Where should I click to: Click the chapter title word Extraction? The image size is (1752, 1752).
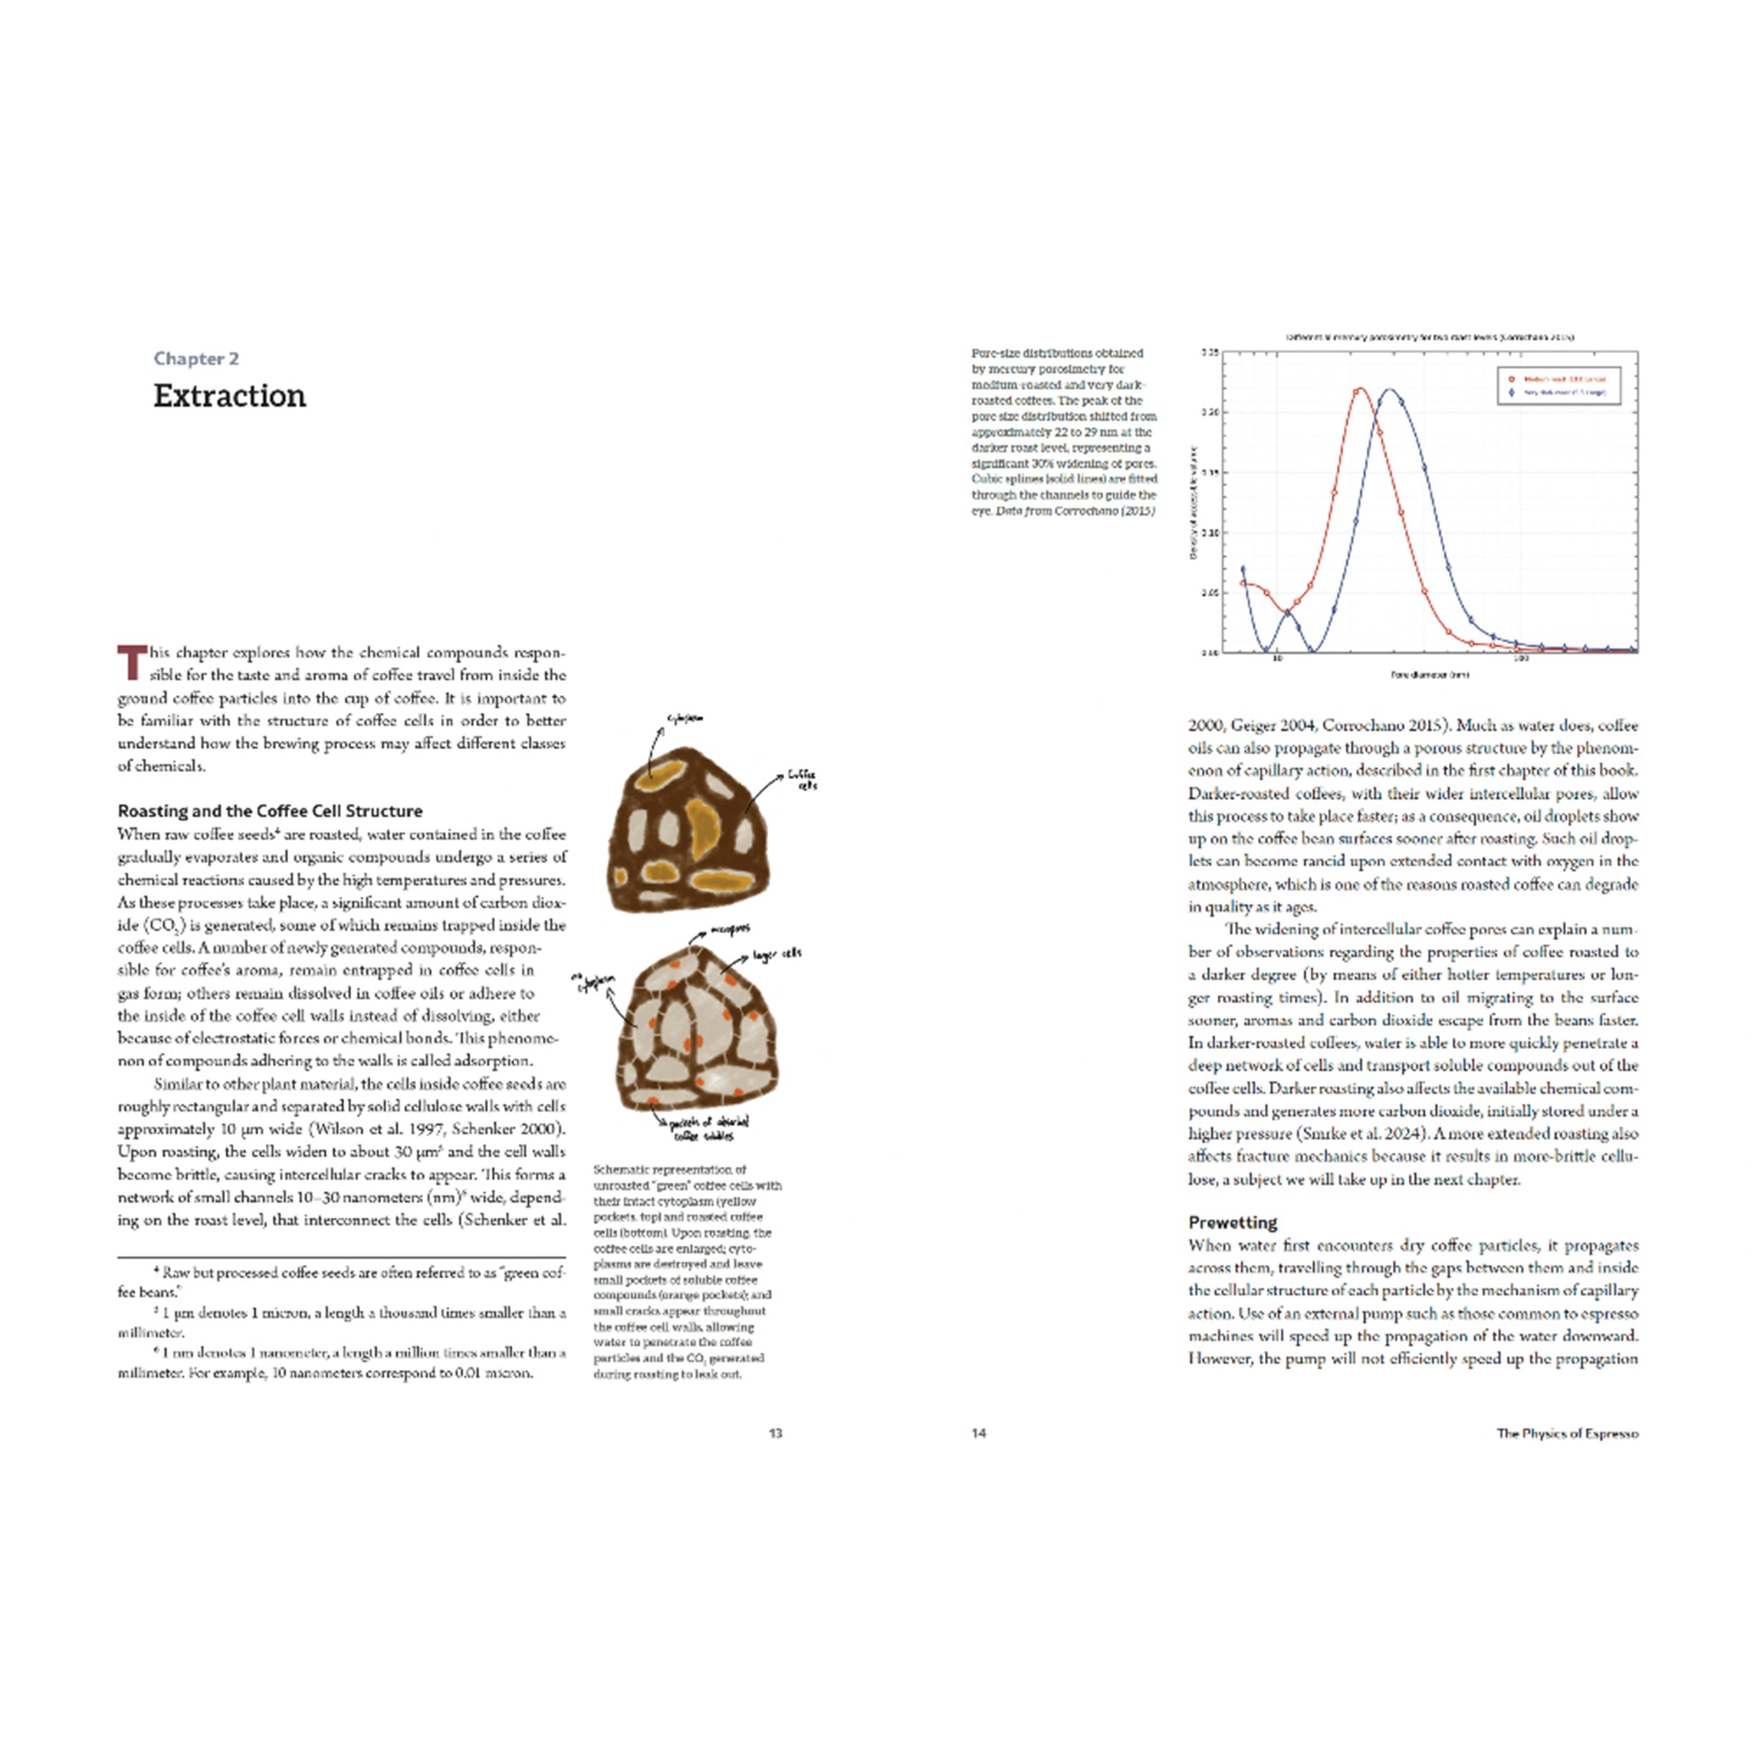pyautogui.click(x=230, y=395)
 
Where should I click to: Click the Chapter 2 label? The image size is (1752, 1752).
pyautogui.click(x=196, y=358)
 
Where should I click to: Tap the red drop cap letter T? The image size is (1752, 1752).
pyautogui.click(x=131, y=662)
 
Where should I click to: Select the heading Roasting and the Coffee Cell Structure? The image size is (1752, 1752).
pyautogui.click(x=270, y=810)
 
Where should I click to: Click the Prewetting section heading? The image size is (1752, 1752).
pyautogui.click(x=1233, y=1222)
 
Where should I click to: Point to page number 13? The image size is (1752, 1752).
pyautogui.click(x=775, y=1432)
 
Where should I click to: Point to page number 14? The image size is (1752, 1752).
pyautogui.click(x=979, y=1432)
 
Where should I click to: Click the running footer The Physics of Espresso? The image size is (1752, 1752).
pyautogui.click(x=1567, y=1432)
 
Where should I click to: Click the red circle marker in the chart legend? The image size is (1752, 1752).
pyautogui.click(x=1512, y=379)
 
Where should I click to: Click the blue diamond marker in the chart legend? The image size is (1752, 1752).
pyautogui.click(x=1512, y=393)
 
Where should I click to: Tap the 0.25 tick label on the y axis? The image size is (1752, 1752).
pyautogui.click(x=1210, y=353)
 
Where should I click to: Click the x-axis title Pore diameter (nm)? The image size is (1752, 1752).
pyautogui.click(x=1429, y=674)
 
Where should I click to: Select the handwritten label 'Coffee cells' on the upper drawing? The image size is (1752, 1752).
pyautogui.click(x=801, y=779)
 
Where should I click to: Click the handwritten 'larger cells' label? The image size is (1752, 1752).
pyautogui.click(x=777, y=954)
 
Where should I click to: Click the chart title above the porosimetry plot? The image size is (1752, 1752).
pyautogui.click(x=1429, y=337)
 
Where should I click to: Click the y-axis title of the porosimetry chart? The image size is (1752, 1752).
pyautogui.click(x=1195, y=503)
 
